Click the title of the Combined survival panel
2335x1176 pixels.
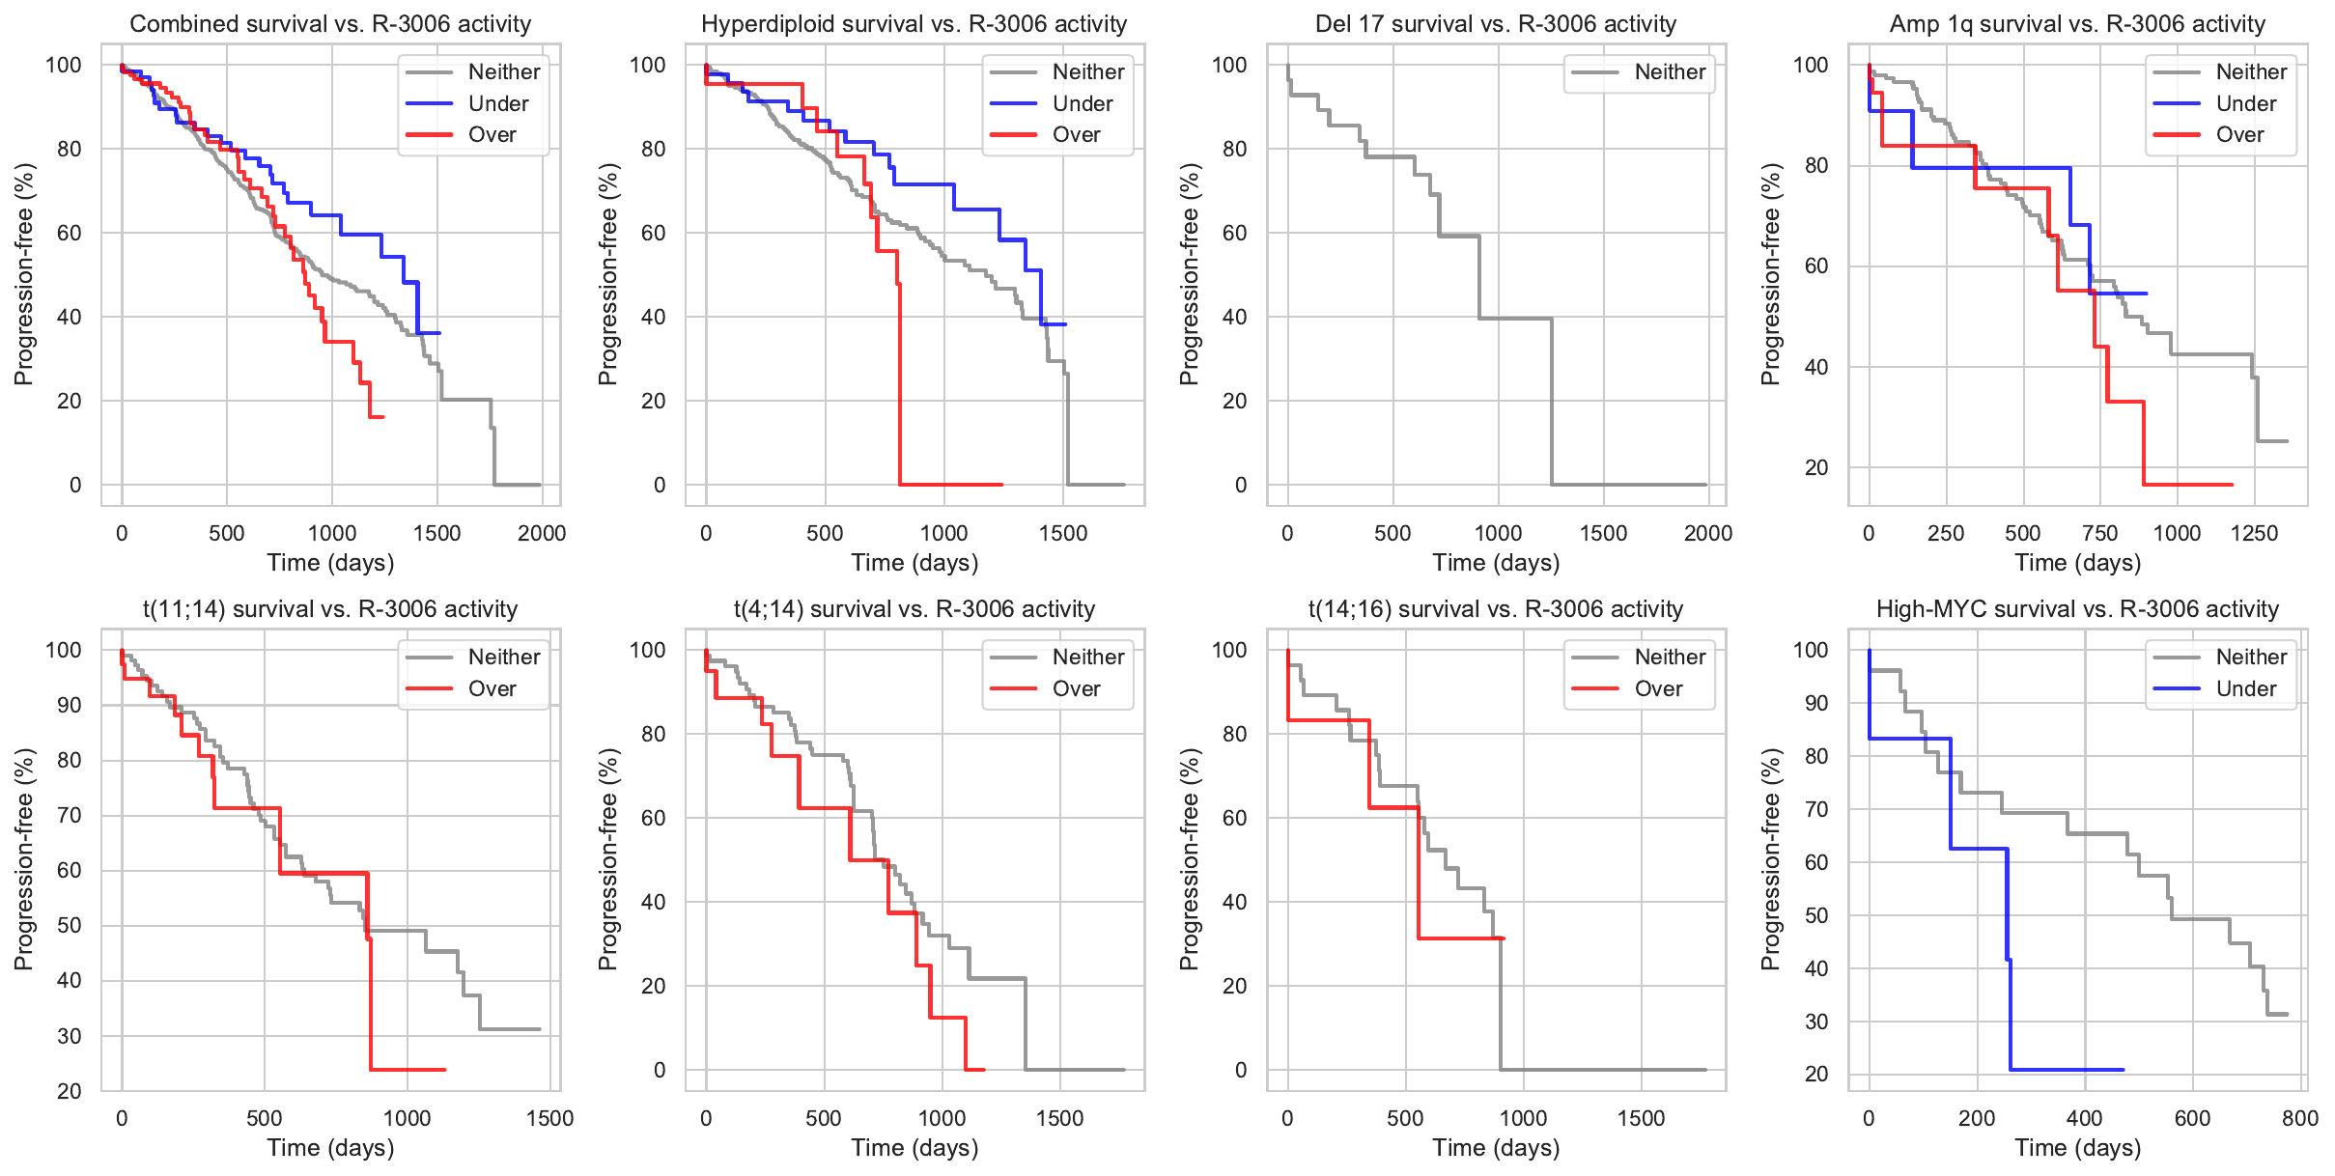point(330,24)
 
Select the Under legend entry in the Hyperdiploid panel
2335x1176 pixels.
point(1082,103)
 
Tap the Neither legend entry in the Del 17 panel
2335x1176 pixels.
point(1670,71)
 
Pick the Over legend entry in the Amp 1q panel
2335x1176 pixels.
point(2239,135)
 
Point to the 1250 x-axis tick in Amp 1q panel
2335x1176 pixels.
point(2254,533)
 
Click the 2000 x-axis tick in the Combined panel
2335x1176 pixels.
point(542,533)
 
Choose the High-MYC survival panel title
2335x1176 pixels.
point(2077,609)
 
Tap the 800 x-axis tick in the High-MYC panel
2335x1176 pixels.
point(2300,1118)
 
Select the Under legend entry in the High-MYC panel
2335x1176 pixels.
point(2245,688)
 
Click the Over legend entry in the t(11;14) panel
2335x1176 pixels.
point(492,688)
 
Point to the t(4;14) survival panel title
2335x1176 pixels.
point(914,609)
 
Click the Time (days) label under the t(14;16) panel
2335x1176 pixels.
point(1496,1147)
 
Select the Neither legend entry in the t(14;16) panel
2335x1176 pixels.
point(1670,657)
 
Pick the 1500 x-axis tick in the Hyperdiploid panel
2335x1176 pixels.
point(1063,533)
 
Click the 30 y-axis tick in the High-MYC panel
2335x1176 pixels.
point(1815,1022)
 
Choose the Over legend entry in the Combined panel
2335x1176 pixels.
point(492,135)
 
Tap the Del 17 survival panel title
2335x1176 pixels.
point(1496,24)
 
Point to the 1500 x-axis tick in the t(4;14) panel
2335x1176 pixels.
point(1059,1118)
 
